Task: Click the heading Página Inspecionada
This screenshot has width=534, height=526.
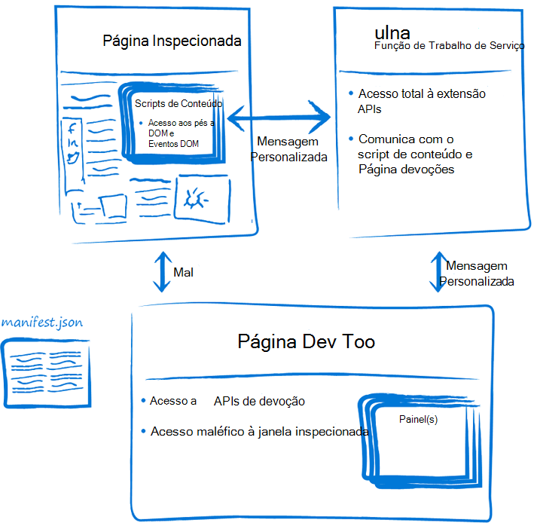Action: point(172,41)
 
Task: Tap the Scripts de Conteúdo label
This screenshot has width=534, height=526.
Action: point(178,102)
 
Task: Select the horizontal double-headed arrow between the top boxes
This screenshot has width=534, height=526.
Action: point(280,117)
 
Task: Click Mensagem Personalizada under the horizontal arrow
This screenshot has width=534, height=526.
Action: point(288,149)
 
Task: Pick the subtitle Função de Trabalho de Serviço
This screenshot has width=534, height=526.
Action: point(449,47)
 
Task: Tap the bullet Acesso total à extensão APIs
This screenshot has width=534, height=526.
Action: point(421,101)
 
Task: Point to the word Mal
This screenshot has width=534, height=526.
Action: point(183,272)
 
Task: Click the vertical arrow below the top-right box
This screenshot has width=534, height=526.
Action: point(437,272)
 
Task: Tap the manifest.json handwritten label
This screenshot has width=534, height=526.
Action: point(42,323)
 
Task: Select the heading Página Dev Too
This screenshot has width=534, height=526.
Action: point(306,342)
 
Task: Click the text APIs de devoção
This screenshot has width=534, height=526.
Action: point(259,402)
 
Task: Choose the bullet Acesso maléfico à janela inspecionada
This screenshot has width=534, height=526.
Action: point(259,432)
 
